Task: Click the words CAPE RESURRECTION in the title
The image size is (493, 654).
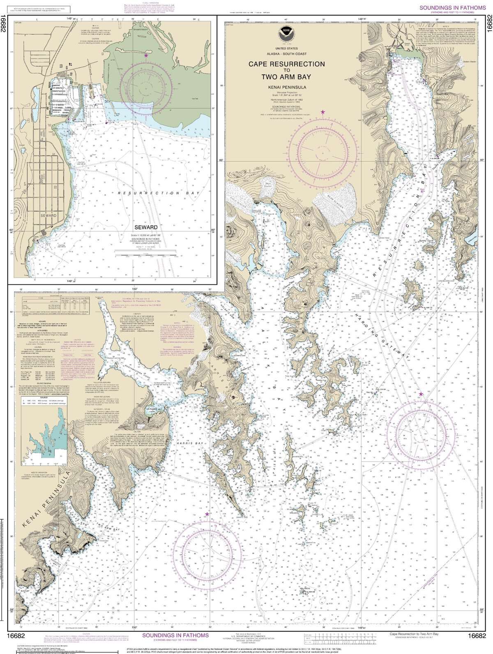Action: click(x=286, y=64)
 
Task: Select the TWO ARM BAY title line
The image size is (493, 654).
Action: click(x=286, y=77)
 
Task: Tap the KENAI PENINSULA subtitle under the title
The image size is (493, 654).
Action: click(x=286, y=87)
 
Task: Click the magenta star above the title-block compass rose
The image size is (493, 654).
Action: click(x=323, y=112)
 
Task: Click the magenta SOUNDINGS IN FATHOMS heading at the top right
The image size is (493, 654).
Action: click(x=454, y=8)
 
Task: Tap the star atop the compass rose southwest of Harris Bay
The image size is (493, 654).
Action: click(x=207, y=514)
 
